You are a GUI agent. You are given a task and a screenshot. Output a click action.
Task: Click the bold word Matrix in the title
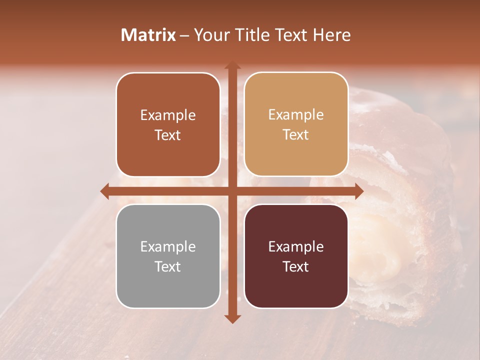point(148,35)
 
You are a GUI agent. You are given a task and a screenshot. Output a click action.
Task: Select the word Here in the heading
point(332,35)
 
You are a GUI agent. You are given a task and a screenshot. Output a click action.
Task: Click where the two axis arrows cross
point(232,191)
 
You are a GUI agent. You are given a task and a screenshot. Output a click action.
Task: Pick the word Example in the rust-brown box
point(168,115)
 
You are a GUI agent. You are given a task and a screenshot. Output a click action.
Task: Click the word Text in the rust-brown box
point(168,135)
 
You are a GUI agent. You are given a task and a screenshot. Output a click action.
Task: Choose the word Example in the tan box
point(296,115)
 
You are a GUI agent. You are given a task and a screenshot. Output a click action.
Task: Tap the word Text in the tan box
point(296,134)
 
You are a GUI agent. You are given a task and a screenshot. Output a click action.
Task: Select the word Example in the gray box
point(168,247)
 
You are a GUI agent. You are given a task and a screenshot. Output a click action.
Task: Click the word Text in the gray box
point(168,266)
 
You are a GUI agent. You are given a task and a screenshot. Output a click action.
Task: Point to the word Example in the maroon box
point(296,247)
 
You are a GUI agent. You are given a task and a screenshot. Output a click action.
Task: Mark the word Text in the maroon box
point(296,266)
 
